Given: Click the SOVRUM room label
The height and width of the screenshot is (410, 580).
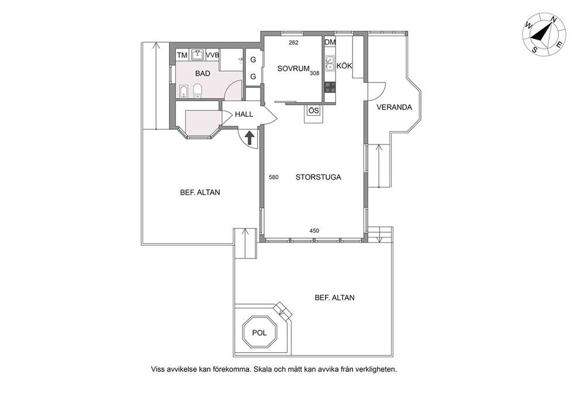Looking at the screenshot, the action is tap(294, 68).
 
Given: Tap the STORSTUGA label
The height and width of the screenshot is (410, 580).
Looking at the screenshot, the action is tap(318, 177).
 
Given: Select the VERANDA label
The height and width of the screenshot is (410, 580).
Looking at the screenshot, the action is tap(394, 107).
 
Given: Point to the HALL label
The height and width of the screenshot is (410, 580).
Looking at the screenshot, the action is tap(244, 114).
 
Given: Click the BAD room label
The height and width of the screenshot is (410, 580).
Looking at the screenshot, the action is tap(203, 74).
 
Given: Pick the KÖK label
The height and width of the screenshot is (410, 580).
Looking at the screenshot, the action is tap(344, 66).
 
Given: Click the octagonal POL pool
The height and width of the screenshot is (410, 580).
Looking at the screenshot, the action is tap(259, 332).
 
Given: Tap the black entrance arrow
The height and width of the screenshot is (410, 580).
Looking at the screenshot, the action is tap(250, 137).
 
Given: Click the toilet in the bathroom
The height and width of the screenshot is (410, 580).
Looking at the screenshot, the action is tap(198, 91).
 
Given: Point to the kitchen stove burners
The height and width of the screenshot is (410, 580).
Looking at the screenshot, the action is tap(330, 87).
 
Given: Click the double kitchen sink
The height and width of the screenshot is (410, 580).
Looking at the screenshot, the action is tap(330, 63).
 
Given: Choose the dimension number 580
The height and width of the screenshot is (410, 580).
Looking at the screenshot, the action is tap(274, 177).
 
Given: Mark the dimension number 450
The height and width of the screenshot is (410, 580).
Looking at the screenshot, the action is tap(315, 231).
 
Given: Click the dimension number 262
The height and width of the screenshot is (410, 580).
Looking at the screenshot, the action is tap(294, 43).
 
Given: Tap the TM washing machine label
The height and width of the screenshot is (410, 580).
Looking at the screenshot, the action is tap(182, 55).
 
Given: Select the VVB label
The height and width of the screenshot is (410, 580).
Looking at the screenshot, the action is tap(212, 55).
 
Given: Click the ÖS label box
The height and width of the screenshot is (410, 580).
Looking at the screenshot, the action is tap(313, 111).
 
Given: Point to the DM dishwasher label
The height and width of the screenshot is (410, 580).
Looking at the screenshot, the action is tap(330, 42).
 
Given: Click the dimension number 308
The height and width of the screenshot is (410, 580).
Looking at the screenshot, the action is tap(315, 73).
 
